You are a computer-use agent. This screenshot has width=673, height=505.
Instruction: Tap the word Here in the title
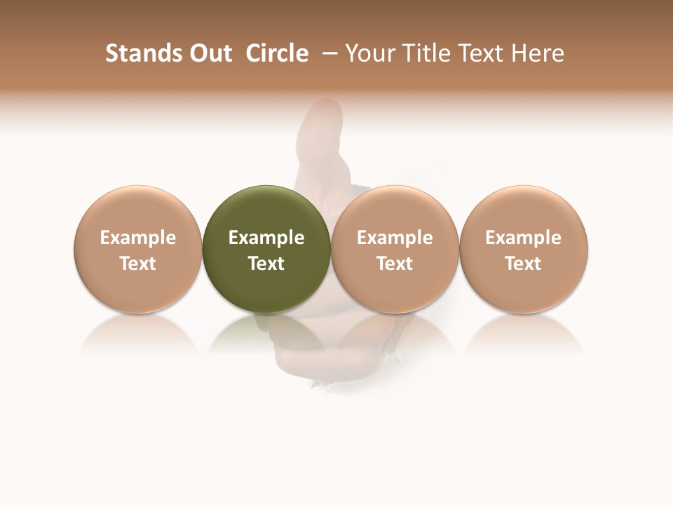tap(538, 53)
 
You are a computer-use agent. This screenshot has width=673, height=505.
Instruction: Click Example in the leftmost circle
tap(138, 238)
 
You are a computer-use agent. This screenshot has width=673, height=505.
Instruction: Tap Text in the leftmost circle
tap(138, 264)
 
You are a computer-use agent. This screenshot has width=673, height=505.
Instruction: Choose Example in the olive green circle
tap(266, 238)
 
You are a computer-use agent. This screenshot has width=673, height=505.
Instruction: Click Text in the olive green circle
tap(266, 264)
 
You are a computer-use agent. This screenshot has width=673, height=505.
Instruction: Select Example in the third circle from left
tap(395, 238)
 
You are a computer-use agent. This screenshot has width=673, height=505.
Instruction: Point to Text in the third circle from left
tap(395, 264)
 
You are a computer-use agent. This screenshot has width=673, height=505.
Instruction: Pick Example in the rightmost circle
tap(523, 238)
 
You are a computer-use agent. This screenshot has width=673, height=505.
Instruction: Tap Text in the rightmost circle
tap(523, 264)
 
